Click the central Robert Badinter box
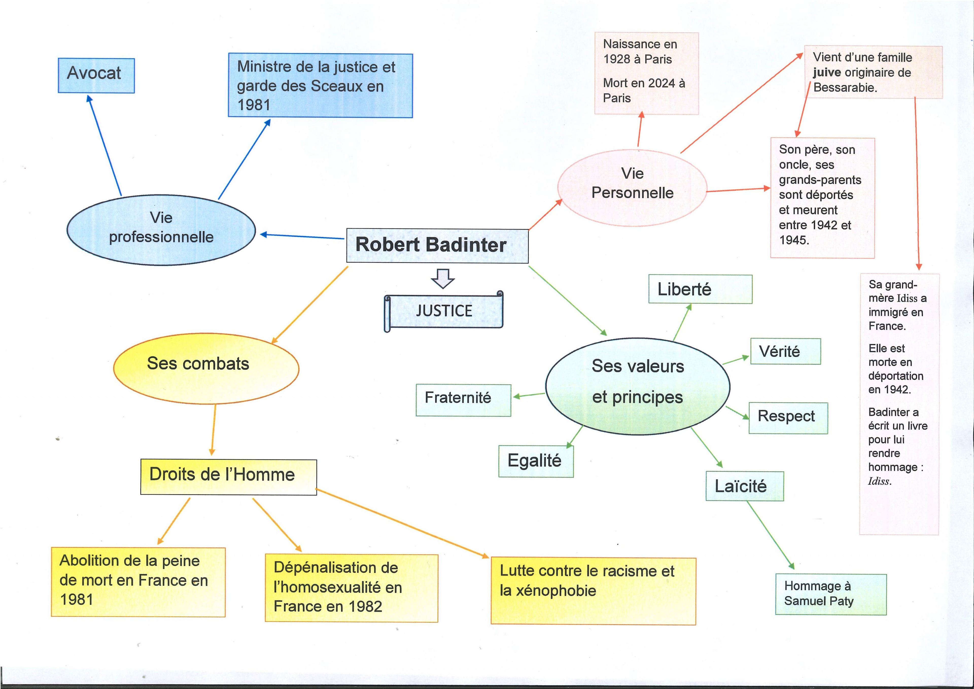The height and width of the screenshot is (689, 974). pyautogui.click(x=437, y=246)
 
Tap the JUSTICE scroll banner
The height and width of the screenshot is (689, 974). pyautogui.click(x=444, y=311)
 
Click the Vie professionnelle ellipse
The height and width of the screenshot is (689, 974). pyautogui.click(x=161, y=230)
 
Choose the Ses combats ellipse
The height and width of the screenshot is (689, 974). pyautogui.click(x=206, y=368)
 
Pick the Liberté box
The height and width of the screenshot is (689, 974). pyautogui.click(x=700, y=289)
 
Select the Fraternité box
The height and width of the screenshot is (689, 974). pyautogui.click(x=463, y=400)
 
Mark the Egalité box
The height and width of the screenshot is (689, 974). pyautogui.click(x=536, y=461)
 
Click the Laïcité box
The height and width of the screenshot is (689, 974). pyautogui.click(x=744, y=486)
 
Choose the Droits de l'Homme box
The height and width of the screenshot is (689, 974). pyautogui.click(x=228, y=477)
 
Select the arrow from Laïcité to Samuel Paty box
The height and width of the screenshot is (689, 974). pyautogui.click(x=770, y=534)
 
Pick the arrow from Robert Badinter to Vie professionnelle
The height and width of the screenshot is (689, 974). pyautogui.click(x=302, y=236)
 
